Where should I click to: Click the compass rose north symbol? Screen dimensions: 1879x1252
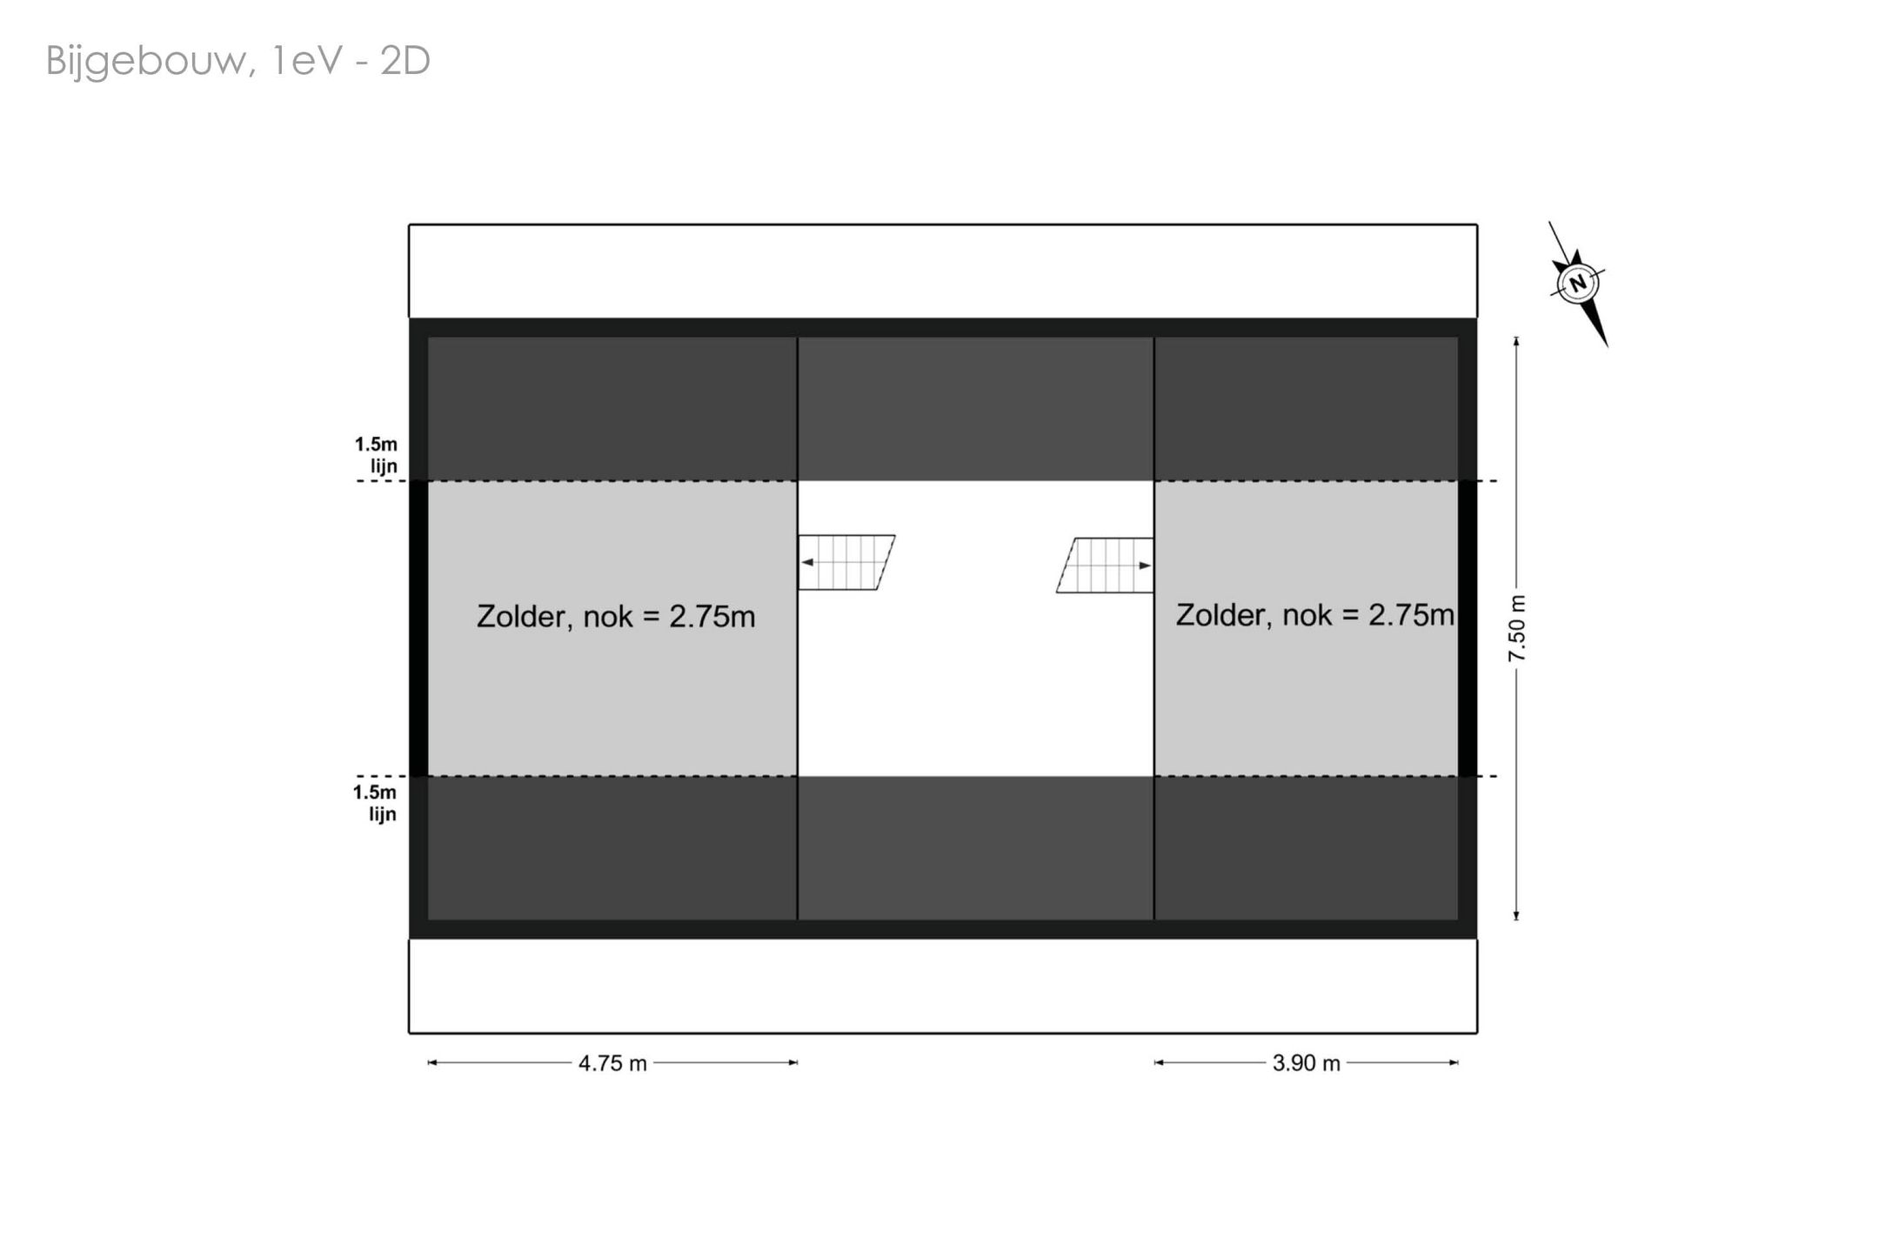(x=1577, y=284)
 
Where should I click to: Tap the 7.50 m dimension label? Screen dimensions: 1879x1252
(x=1517, y=628)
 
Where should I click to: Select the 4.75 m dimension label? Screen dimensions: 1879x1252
(x=612, y=1063)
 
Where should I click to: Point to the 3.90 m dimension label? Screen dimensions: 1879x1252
(x=1306, y=1063)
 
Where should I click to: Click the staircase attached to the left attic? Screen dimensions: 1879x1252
(x=846, y=562)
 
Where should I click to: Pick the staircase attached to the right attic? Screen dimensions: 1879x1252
(x=1105, y=566)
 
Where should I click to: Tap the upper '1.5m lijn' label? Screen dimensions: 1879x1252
(x=376, y=455)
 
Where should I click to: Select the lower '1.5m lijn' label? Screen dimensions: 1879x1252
(x=375, y=803)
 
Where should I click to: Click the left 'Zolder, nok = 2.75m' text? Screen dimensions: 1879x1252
(x=616, y=617)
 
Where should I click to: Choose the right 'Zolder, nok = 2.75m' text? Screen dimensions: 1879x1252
(x=1314, y=615)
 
